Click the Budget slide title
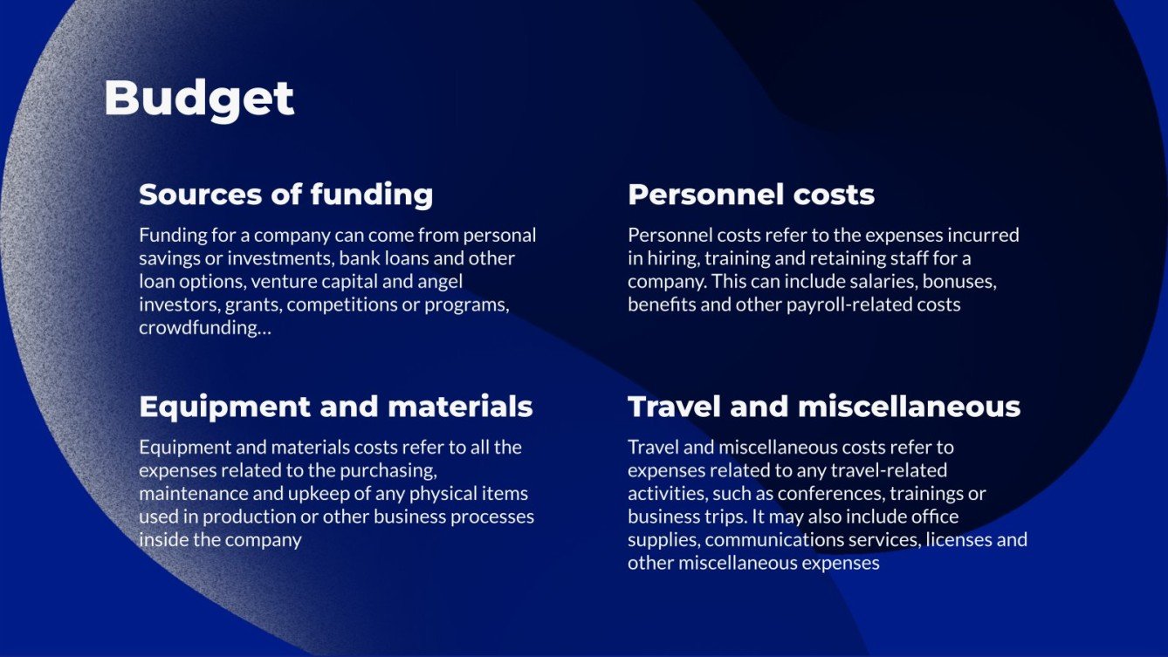(x=199, y=98)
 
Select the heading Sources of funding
(x=285, y=194)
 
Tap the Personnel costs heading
(x=751, y=194)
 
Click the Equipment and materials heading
(x=335, y=407)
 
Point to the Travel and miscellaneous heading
(x=823, y=407)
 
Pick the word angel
(x=438, y=282)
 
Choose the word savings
(x=167, y=258)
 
